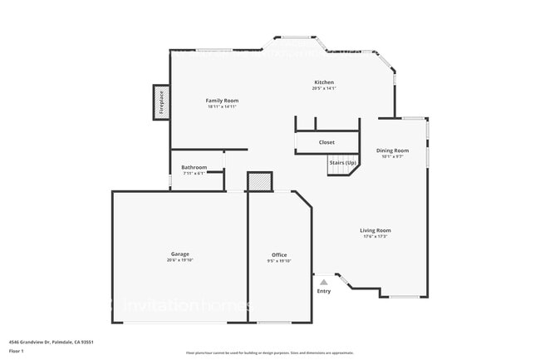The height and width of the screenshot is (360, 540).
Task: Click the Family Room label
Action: click(222, 101)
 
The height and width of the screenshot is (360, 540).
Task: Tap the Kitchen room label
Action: click(324, 82)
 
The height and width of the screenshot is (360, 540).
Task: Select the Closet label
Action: click(326, 142)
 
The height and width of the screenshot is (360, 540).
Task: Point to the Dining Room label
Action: click(392, 150)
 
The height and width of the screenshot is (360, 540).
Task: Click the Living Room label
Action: click(376, 230)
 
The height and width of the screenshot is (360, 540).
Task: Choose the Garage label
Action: click(180, 254)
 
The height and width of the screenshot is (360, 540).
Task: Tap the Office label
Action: click(279, 254)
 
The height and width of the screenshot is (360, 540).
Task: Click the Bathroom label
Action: click(194, 167)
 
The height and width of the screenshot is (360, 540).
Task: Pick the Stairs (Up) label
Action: click(342, 162)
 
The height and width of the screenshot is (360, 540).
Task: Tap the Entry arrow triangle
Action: click(323, 283)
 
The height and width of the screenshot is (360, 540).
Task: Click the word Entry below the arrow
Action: click(323, 291)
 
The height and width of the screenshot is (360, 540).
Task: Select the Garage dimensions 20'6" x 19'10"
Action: click(180, 260)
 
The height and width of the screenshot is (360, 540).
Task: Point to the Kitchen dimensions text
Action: click(324, 88)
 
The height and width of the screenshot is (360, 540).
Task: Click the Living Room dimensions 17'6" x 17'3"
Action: click(376, 237)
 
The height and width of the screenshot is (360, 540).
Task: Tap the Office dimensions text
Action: click(279, 261)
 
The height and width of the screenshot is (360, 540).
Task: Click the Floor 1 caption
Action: click(17, 350)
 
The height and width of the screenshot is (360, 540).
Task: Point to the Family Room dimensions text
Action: click(222, 107)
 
